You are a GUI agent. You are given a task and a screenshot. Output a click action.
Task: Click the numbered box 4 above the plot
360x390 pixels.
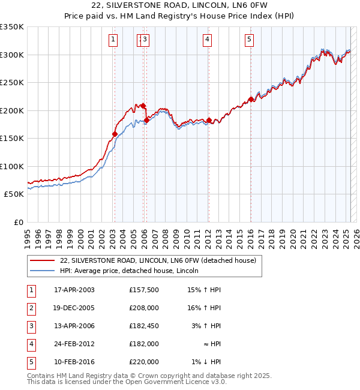(207, 40)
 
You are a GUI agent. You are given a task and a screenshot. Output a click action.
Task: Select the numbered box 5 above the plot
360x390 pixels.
(249, 40)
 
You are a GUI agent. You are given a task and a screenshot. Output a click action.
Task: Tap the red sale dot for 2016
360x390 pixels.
(250, 100)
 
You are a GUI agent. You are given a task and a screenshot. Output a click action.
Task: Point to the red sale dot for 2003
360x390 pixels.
(115, 134)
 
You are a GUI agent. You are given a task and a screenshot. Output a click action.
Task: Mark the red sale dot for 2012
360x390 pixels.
(209, 121)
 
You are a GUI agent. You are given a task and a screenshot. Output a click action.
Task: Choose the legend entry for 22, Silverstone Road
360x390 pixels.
(158, 260)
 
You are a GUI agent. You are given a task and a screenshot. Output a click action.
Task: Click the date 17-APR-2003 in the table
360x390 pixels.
(74, 290)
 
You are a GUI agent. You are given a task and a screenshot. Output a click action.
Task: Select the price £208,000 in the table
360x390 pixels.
(143, 308)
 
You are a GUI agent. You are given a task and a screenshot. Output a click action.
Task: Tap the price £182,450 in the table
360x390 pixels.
(143, 326)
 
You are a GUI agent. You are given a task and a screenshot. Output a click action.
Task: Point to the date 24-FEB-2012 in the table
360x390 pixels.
(74, 344)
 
